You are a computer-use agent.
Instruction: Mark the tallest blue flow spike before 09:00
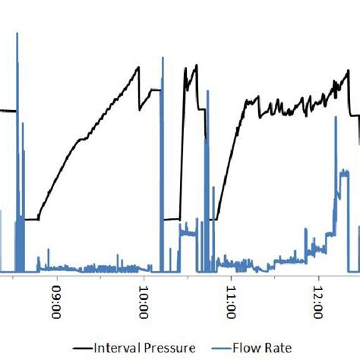[17, 34]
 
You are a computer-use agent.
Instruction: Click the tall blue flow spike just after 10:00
[162, 57]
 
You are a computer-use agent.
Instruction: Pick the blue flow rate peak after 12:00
[344, 172]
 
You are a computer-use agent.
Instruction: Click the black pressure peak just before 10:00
[139, 67]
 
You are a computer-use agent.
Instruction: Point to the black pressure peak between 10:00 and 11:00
[196, 65]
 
